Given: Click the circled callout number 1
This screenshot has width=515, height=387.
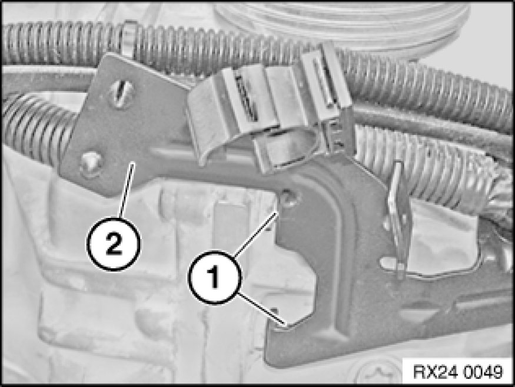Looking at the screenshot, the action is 214,277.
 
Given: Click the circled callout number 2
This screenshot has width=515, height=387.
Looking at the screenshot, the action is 114,244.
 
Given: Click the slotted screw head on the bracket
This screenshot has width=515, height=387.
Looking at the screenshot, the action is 122,93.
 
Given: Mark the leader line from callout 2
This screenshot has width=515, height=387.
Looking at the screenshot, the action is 127,190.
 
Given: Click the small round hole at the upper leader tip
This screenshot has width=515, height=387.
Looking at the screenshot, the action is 289,197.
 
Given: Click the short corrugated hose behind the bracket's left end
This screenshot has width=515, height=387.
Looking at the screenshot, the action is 36,129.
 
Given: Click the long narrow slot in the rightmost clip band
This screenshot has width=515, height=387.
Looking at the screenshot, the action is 323,82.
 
